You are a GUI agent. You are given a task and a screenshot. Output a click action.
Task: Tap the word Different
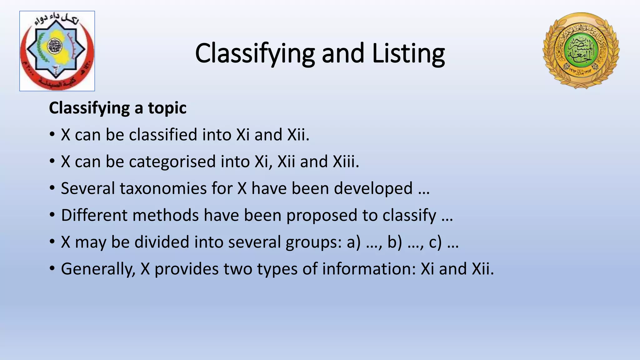94,215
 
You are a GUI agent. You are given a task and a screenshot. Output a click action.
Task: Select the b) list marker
395,242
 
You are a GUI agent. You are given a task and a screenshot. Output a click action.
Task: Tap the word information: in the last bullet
369,269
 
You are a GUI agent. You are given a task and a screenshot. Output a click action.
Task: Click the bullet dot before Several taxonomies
52,188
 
